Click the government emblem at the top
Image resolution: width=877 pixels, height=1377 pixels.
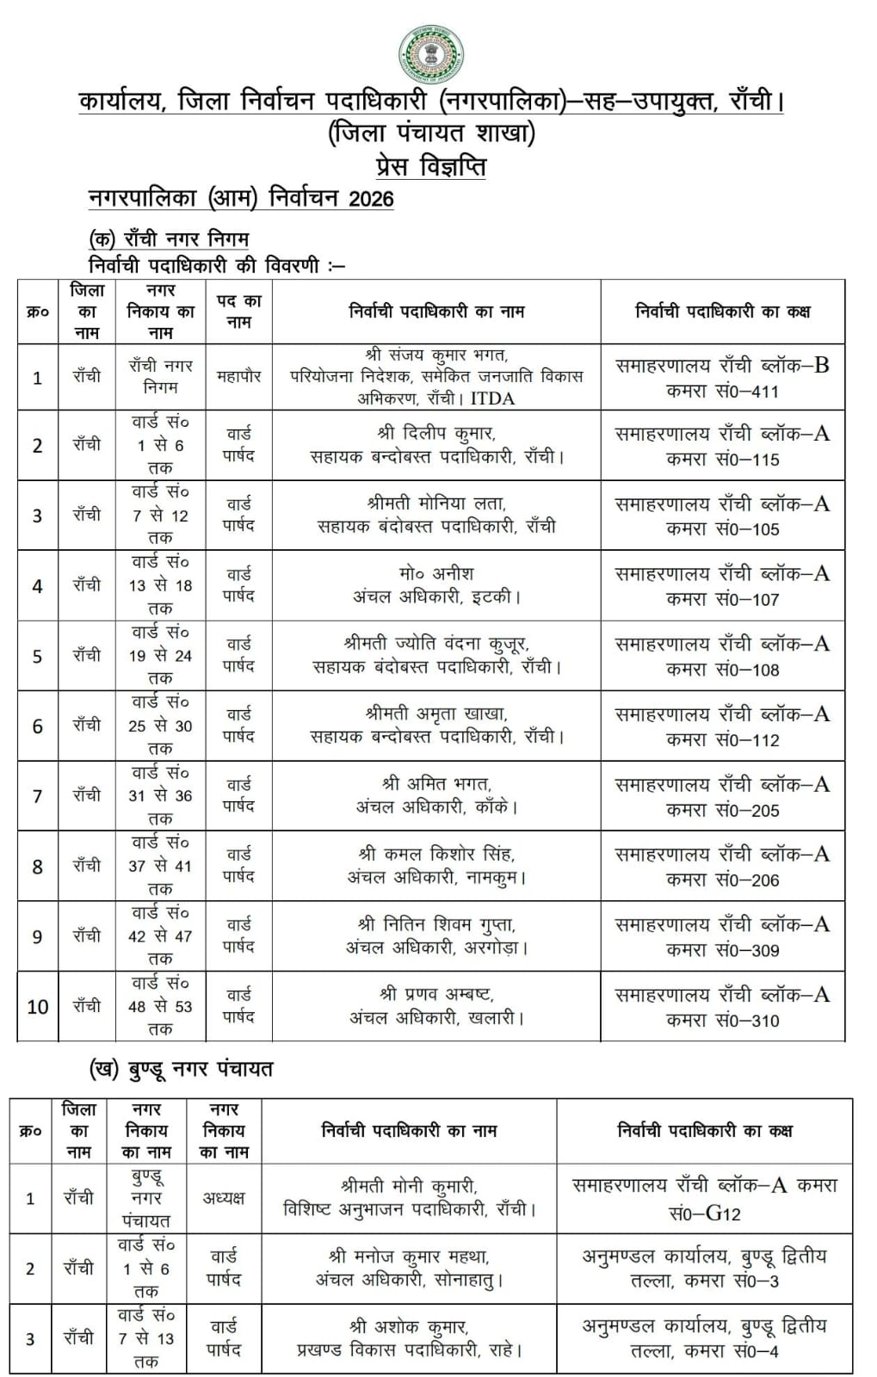click(x=431, y=54)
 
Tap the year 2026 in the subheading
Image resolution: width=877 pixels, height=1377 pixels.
click(x=371, y=199)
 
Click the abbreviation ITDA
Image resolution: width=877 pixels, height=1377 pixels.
click(x=492, y=398)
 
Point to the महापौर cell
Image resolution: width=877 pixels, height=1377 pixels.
click(x=238, y=376)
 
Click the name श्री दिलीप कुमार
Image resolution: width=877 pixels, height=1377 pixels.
click(x=436, y=434)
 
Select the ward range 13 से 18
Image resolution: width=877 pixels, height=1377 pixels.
click(x=160, y=585)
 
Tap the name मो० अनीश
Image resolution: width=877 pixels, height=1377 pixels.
click(x=436, y=573)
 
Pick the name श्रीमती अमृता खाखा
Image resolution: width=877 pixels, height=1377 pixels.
click(x=436, y=713)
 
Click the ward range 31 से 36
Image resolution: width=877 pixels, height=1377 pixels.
click(x=160, y=796)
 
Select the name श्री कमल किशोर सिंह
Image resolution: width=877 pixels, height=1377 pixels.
click(x=436, y=855)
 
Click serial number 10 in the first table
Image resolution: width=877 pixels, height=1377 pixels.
click(x=38, y=1006)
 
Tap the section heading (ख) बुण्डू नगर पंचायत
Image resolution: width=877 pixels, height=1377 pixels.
click(x=181, y=1070)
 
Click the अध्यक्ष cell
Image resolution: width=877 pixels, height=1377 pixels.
click(x=224, y=1198)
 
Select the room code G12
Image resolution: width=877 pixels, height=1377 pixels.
click(x=722, y=1213)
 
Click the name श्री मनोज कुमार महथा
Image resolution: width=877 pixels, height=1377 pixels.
click(x=409, y=1257)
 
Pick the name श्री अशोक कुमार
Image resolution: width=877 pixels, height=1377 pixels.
click(x=409, y=1327)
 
